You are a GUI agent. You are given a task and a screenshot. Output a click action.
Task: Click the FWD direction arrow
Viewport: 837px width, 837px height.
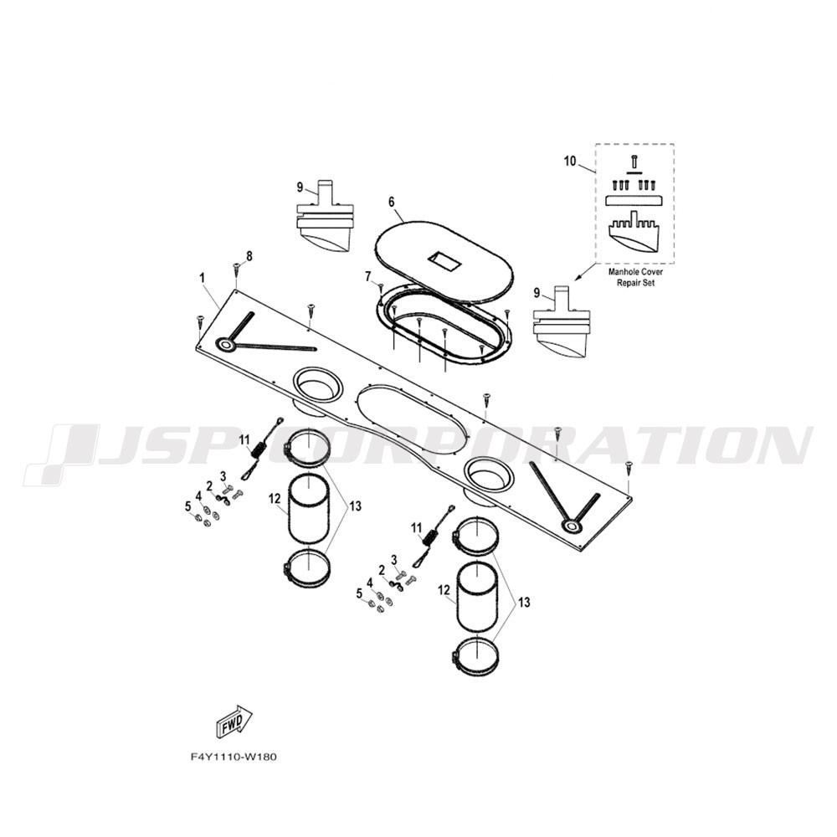click(x=234, y=721)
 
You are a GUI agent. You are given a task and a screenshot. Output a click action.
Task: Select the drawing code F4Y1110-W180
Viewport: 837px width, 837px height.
click(x=234, y=757)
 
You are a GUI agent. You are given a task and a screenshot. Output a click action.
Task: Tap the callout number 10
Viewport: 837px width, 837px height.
click(x=570, y=161)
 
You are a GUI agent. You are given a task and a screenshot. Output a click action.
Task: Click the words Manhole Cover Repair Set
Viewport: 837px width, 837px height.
click(x=636, y=278)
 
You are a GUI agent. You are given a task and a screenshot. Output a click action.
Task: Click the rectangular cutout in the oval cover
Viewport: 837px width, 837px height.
click(x=444, y=260)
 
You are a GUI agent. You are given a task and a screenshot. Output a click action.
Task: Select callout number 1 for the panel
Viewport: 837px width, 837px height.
click(x=202, y=278)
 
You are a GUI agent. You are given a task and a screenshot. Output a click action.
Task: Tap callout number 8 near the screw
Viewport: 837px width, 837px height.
click(x=249, y=256)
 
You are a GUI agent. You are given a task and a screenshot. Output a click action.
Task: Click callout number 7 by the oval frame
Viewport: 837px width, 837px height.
click(x=367, y=276)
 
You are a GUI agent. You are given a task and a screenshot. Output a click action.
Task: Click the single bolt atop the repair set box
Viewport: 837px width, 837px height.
click(x=634, y=161)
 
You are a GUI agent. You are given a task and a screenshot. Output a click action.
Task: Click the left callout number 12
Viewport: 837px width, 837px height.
click(x=275, y=499)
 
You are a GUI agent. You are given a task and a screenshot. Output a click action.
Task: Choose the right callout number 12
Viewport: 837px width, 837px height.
click(x=444, y=590)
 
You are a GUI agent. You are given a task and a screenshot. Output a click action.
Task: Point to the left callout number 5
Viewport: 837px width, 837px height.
click(x=187, y=506)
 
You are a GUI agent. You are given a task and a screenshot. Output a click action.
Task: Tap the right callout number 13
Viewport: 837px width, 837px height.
click(x=524, y=602)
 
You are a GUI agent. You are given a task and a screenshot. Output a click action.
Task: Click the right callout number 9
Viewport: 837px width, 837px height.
click(x=537, y=292)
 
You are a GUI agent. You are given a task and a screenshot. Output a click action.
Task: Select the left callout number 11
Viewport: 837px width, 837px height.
click(x=244, y=440)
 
